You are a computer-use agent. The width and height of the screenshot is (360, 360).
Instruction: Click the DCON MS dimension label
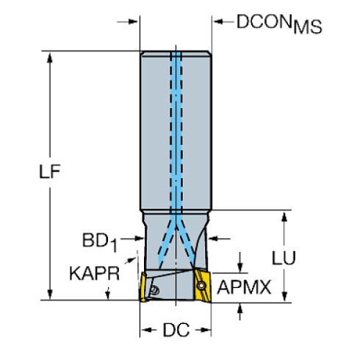coord(278,24)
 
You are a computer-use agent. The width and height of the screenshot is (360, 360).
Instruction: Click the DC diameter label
coord(175,331)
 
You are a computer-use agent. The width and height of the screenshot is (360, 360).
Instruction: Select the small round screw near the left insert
coord(154,291)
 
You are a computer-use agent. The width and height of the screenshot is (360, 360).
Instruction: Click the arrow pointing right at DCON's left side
coord(134,22)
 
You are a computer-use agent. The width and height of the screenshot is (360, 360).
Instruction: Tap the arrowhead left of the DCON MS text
coord(217,22)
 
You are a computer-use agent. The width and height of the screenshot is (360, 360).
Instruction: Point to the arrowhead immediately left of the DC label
coord(145,331)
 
